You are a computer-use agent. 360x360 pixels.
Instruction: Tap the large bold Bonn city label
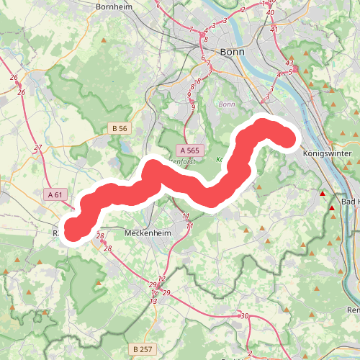pos(233,52)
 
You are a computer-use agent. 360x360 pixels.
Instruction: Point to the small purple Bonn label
pos(228,104)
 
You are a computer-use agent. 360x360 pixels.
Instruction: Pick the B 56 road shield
pos(120,128)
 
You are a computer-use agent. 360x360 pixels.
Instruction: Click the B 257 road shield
pos(143,349)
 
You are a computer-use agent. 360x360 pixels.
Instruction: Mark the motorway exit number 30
pos(245,316)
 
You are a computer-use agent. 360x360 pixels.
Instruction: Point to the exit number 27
pos(38,148)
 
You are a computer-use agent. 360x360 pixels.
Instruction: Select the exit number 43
pos(289,63)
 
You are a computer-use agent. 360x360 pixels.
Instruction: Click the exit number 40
pos(270,13)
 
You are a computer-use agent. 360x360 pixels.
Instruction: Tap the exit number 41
pos(274,30)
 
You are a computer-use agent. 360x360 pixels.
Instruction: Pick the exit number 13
pos(153,302)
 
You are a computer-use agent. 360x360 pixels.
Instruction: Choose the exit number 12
pos(161,279)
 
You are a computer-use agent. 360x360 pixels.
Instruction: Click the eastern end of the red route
pos(289,138)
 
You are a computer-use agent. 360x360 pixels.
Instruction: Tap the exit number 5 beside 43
pos(291,72)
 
